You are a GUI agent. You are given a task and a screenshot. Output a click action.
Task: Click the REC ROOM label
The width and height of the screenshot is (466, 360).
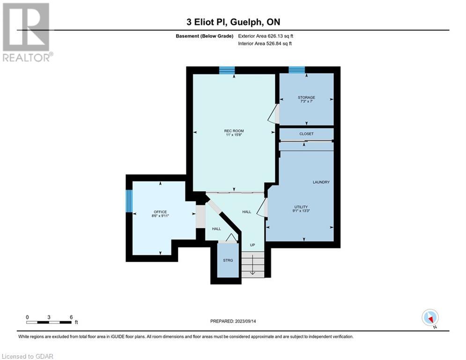234,131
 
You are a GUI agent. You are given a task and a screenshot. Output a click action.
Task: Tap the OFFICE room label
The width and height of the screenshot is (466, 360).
160,212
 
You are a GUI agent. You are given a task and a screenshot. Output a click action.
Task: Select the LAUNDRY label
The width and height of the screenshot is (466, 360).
321,182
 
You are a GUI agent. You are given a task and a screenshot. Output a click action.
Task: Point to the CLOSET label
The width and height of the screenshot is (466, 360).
306,134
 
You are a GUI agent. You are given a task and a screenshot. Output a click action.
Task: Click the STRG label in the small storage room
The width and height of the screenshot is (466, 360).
228,260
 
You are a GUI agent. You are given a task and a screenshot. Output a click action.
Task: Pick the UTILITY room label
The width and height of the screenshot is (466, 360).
301,207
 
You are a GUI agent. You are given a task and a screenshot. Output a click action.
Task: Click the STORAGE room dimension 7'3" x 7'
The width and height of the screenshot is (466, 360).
306,101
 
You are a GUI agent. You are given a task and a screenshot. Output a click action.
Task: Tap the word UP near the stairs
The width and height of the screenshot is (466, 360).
252,245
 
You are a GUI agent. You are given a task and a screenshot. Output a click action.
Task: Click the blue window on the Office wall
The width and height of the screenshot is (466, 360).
129,201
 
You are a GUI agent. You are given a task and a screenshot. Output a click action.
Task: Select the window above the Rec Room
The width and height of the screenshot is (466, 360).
227,70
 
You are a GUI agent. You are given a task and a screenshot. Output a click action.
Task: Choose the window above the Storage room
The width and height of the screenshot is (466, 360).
296,70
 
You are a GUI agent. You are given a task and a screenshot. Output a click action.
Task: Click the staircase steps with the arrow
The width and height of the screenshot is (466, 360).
252,264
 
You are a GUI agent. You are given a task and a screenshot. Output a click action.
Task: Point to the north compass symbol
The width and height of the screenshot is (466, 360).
430,318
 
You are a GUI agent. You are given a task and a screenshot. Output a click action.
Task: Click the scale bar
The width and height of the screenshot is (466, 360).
49,322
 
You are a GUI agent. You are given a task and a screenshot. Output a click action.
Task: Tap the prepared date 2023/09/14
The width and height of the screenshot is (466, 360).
245,321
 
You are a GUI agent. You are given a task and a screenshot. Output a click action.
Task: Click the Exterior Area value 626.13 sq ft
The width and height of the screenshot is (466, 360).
280,36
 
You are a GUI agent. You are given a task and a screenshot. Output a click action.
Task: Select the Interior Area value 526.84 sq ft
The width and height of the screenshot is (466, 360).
279,44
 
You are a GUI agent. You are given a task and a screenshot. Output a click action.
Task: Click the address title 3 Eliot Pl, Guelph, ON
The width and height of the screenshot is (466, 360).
233,22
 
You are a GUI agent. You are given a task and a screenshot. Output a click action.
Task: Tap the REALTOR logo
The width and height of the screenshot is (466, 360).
27,32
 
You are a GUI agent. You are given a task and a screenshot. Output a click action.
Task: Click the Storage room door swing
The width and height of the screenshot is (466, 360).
274,113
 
